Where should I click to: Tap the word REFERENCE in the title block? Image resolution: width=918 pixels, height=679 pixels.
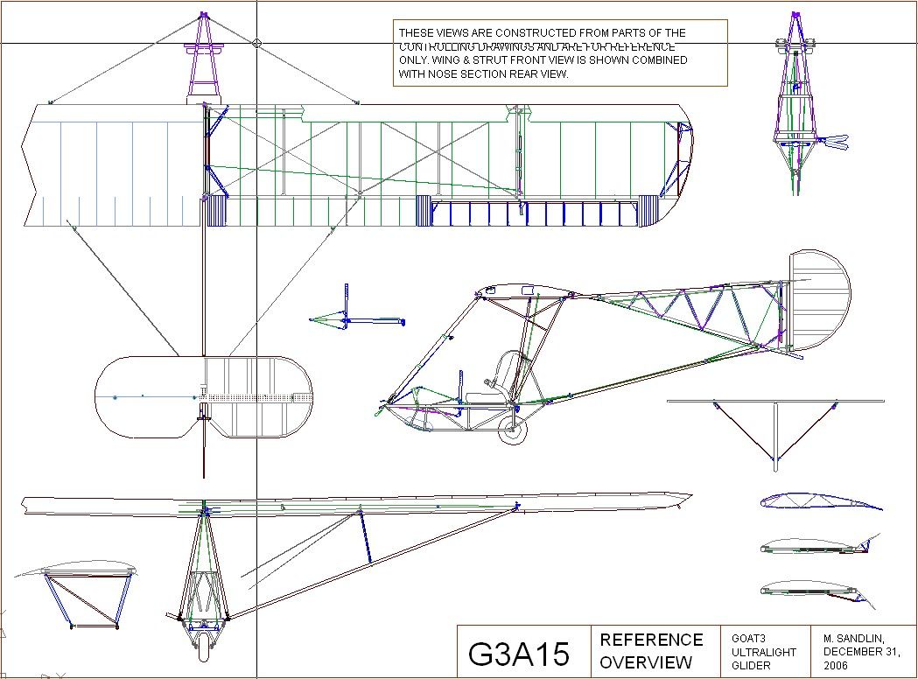pos(651,640)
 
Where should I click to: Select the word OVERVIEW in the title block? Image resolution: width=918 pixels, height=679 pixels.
pos(646,662)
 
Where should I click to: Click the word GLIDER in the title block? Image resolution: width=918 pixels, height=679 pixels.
pos(751,666)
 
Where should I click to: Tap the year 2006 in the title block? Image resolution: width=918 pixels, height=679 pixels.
pos(836,666)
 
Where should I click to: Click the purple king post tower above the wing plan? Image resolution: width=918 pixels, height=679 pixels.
pos(204,57)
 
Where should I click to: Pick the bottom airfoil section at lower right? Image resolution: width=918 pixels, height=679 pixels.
pos(818,591)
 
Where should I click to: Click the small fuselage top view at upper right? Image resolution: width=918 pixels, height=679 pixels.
pos(798,105)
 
